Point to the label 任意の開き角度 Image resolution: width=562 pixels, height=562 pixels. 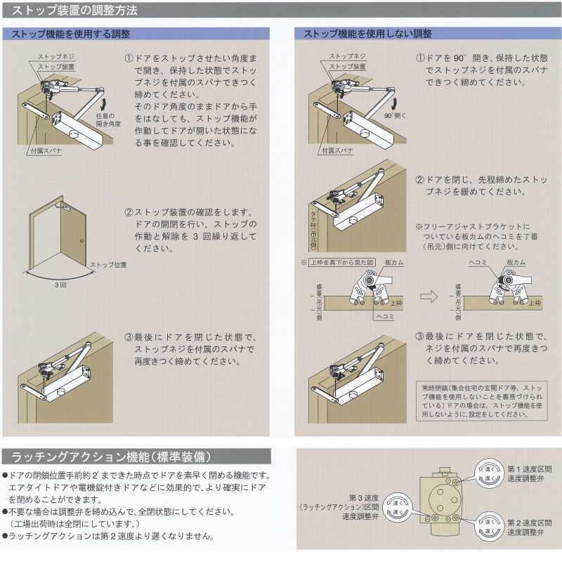(109, 119)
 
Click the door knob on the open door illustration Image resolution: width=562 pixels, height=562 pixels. (82, 242)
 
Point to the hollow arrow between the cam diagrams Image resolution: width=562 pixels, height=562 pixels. (429, 296)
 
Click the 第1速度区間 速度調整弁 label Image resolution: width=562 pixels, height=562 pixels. (529, 473)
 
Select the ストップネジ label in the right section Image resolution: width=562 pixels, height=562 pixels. (345, 56)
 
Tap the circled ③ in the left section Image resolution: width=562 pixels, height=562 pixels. (129, 336)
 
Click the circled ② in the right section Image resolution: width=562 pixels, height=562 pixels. (419, 179)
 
